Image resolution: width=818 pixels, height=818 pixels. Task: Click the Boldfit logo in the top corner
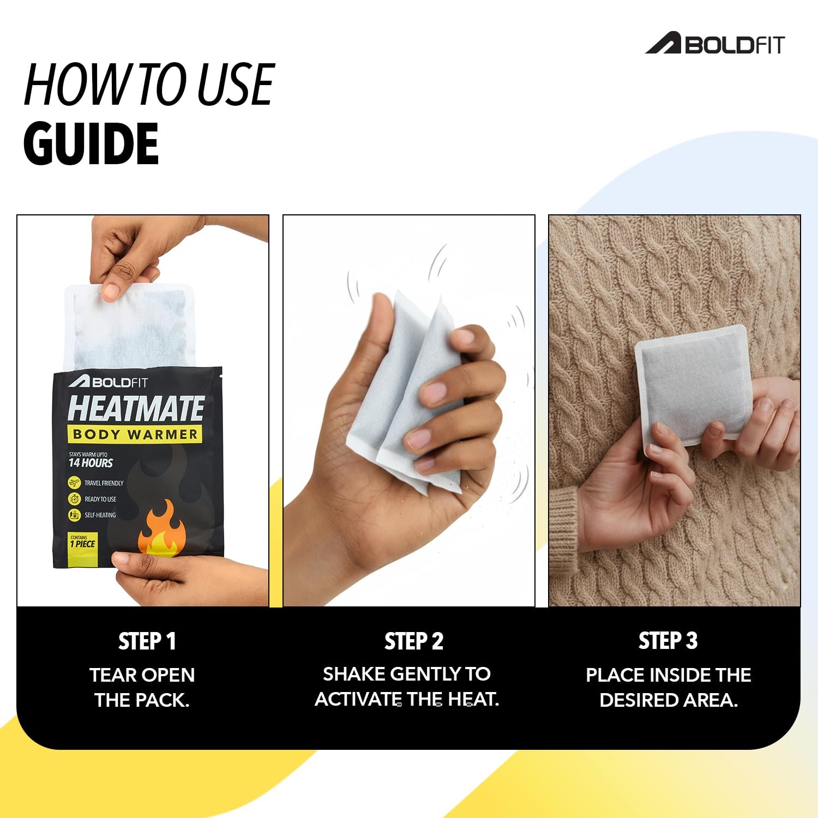(714, 44)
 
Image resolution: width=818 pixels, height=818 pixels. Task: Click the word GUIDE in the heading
(91, 144)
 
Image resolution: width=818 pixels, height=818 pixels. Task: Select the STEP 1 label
(147, 641)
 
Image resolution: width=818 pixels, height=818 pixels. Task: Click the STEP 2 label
(414, 641)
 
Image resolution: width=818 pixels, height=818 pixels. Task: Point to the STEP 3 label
(668, 641)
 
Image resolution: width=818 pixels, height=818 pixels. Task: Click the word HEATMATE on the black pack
(136, 408)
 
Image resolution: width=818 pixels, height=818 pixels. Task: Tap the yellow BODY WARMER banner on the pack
(135, 435)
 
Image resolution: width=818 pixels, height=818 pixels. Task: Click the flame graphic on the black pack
(161, 529)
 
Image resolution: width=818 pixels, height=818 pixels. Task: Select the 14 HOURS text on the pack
(91, 463)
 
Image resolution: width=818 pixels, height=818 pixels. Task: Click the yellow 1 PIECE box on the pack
(82, 550)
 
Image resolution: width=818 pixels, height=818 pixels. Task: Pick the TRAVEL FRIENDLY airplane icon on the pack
(74, 483)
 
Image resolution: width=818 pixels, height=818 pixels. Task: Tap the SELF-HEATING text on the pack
(100, 515)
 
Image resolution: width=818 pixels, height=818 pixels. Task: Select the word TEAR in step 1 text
(110, 675)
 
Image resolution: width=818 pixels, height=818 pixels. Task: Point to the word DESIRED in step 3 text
(639, 700)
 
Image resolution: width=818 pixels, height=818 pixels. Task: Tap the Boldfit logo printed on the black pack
(108, 382)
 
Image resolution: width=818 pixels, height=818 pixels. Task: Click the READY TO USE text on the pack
(100, 499)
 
